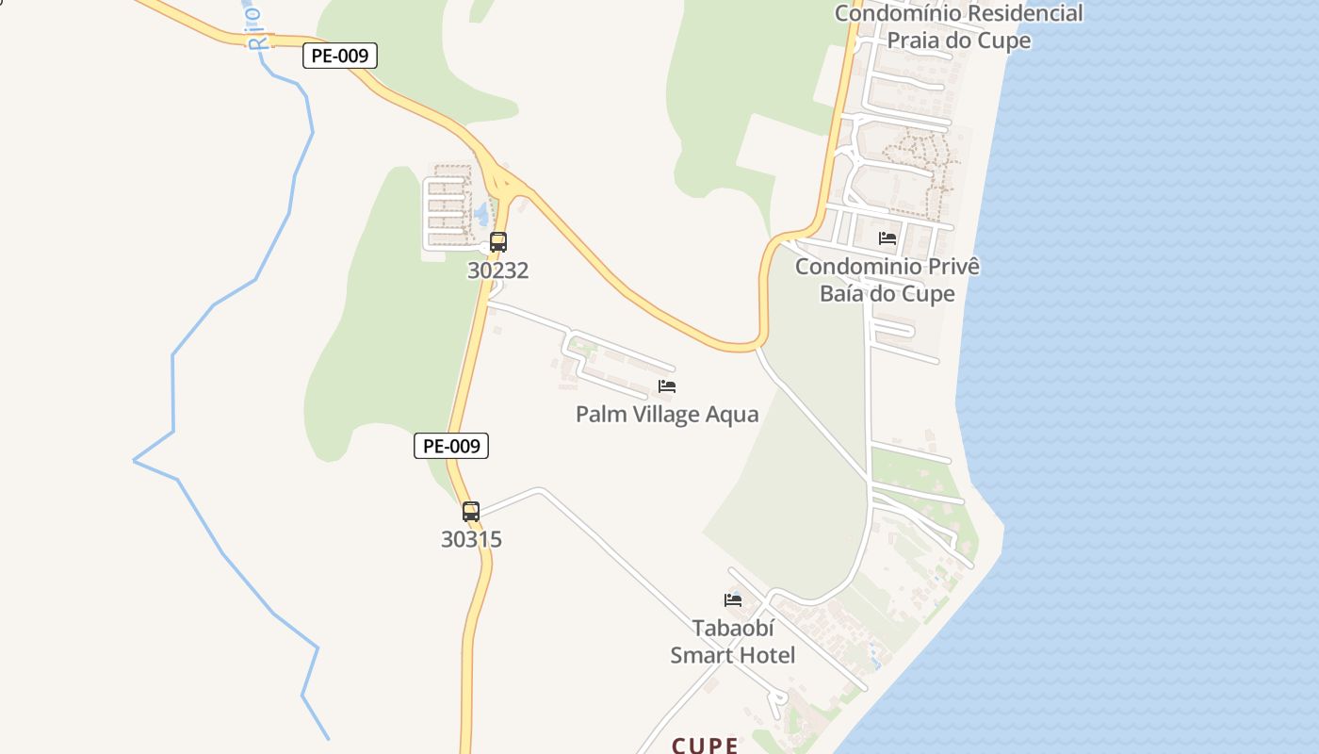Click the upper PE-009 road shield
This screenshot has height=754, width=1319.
[x=340, y=56]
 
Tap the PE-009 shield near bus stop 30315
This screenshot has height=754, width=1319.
[x=451, y=446]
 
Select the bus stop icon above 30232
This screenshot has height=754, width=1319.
[x=498, y=242]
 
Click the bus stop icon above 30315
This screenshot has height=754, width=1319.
[x=471, y=512]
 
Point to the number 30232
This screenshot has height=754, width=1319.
[x=498, y=271]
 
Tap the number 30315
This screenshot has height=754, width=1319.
[x=471, y=540]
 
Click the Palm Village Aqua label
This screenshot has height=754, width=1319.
[x=667, y=415]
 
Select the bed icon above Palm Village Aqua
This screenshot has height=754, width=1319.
[x=667, y=386]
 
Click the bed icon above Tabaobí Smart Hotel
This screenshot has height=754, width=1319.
[x=733, y=599]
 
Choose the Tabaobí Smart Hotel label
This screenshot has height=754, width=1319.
[x=733, y=642]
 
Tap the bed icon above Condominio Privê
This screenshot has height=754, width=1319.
[x=887, y=238]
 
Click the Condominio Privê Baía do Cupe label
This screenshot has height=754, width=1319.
[x=887, y=280]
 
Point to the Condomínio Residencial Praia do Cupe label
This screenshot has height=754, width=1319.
[x=959, y=26]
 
